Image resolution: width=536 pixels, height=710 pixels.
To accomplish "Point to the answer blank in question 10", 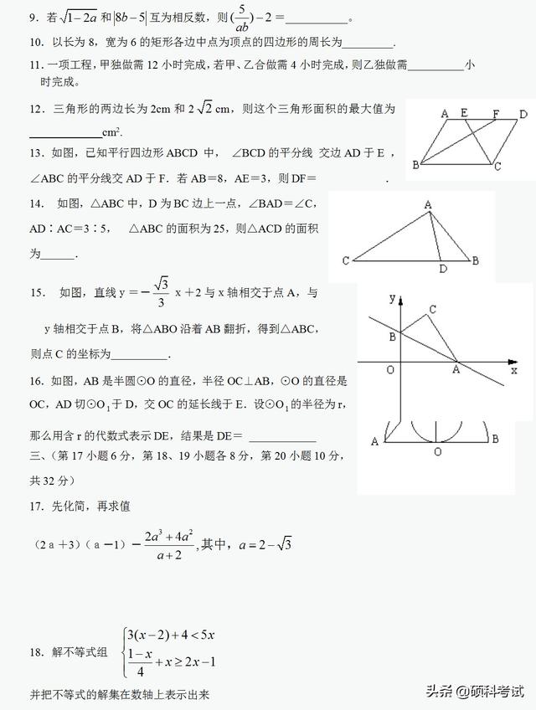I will (x=367, y=44).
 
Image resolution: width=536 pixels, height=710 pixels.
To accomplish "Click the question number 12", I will (x=35, y=108).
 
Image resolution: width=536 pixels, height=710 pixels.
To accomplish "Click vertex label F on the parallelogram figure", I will (x=495, y=113).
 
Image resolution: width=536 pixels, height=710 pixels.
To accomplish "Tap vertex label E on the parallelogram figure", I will (x=463, y=112).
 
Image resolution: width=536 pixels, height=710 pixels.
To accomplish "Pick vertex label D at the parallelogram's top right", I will (x=523, y=114).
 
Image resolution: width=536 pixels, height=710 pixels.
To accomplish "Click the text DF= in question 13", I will (x=301, y=178).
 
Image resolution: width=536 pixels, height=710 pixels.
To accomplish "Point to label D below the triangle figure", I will (x=443, y=269).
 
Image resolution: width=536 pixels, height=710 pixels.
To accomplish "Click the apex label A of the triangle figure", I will (x=427, y=204).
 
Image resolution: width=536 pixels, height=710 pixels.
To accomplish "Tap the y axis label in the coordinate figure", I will (x=391, y=297).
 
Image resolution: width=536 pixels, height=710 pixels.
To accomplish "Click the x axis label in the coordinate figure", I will (x=513, y=369).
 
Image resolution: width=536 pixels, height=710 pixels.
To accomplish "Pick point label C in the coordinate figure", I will (x=432, y=310).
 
